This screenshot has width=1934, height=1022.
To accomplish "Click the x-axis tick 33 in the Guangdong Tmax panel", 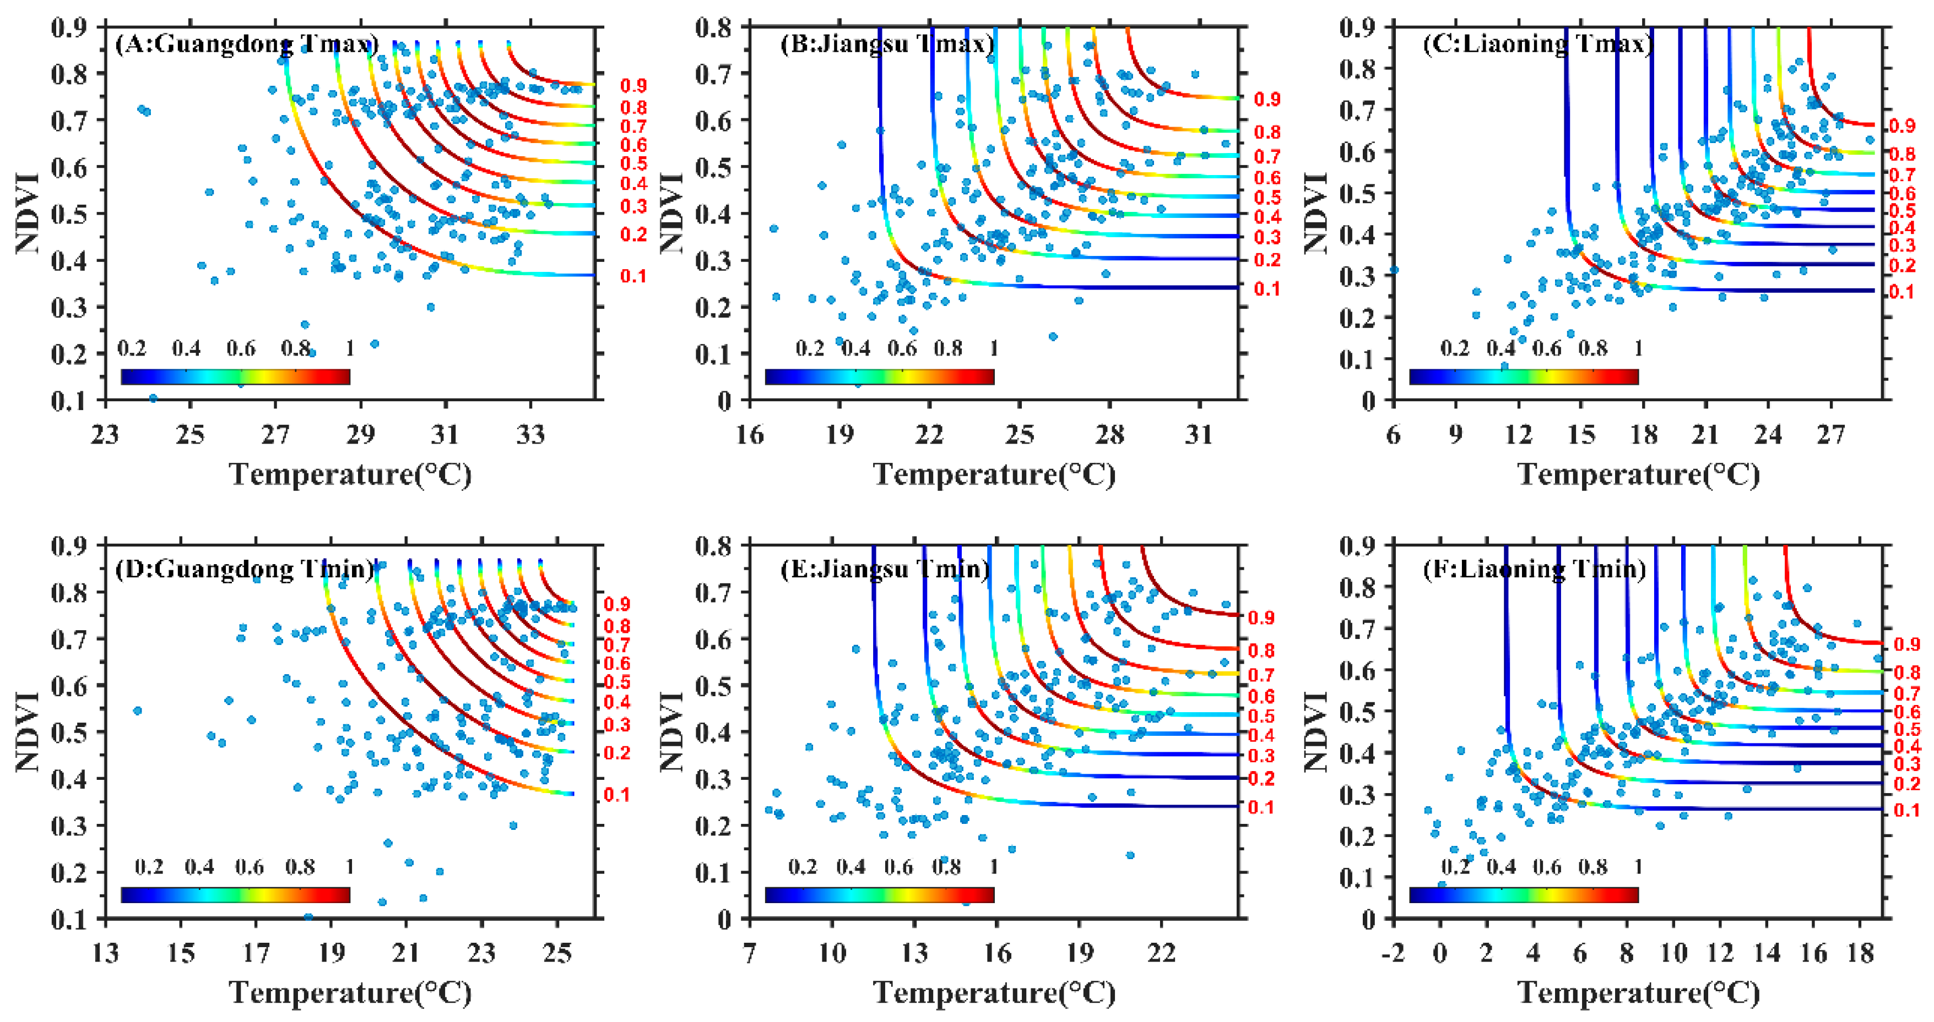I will click(x=531, y=434).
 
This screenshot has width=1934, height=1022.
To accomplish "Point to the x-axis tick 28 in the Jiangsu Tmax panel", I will click(x=1109, y=434).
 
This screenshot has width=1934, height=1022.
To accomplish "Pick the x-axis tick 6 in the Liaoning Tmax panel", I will click(x=1394, y=434).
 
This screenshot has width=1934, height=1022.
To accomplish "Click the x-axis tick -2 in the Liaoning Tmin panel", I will click(x=1394, y=953).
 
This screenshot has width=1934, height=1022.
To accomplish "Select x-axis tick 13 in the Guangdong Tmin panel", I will click(x=105, y=953).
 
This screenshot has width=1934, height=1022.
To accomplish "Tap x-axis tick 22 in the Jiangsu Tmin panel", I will click(x=1162, y=953).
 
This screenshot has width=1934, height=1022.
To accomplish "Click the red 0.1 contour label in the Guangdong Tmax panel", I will click(x=633, y=276).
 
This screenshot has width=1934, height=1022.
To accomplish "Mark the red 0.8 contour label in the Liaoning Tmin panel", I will click(x=1907, y=673).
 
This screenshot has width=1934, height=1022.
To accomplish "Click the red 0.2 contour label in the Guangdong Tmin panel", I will click(x=617, y=753).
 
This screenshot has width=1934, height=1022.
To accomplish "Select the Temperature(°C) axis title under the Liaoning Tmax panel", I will click(x=1639, y=474).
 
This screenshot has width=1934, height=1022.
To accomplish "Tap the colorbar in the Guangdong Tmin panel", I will click(x=235, y=894).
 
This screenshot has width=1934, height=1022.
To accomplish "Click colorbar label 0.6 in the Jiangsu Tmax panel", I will click(x=902, y=348).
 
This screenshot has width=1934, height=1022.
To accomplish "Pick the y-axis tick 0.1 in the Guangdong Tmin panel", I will click(x=68, y=919).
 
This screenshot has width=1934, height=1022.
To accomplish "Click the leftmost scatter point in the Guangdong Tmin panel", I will click(x=137, y=710).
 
